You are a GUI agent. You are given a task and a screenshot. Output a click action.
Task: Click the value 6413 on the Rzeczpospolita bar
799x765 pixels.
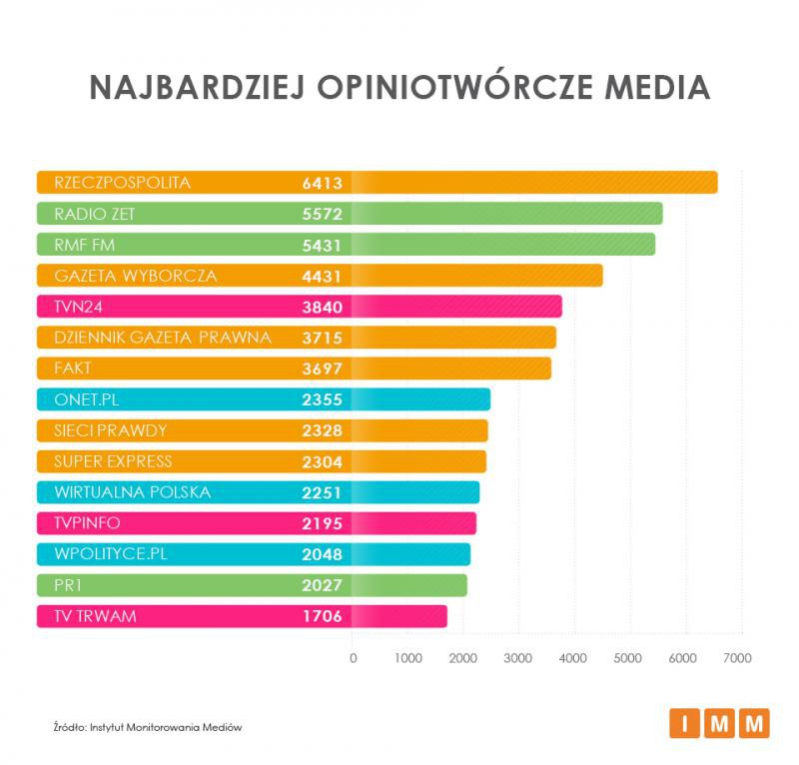322,183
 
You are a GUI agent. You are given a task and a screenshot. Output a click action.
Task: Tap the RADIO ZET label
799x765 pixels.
95,214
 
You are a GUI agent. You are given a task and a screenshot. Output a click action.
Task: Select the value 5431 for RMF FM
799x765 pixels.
322,245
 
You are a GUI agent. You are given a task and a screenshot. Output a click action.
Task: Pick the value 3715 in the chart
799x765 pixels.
322,338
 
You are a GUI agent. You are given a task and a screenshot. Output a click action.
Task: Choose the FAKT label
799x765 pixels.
73,369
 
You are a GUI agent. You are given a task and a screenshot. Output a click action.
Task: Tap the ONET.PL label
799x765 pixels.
88,399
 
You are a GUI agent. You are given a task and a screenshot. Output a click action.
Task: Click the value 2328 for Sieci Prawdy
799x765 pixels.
322,430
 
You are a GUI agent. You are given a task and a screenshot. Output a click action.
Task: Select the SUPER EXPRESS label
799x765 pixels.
113,461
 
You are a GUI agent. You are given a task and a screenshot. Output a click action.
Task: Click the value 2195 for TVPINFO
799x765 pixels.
322,523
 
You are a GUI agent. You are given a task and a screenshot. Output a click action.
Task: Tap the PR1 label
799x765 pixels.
67,585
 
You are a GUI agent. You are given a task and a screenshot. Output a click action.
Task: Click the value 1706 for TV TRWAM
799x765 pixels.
322,616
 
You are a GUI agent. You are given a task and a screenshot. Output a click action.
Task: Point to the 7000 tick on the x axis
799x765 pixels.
737,658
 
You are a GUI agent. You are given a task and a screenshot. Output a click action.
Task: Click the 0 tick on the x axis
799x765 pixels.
353,658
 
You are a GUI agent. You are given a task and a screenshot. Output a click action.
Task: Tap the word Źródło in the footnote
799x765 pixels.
72,727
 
